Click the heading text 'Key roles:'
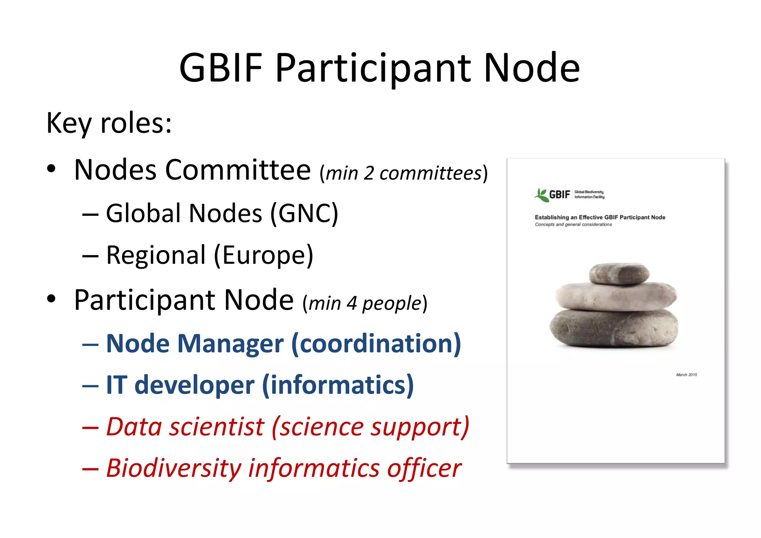109,123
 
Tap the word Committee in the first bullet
237,170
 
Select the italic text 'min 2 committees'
404,174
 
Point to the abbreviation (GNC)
304,214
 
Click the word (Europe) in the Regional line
263,256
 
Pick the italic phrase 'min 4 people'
365,303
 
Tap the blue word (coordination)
376,344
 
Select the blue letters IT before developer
117,385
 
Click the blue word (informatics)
338,385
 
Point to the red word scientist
216,427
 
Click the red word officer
424,468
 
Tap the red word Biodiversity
174,468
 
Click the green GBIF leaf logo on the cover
541,195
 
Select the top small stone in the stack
619,273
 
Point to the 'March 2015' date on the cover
686,375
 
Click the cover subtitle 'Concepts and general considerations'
573,224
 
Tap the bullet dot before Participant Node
51,299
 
